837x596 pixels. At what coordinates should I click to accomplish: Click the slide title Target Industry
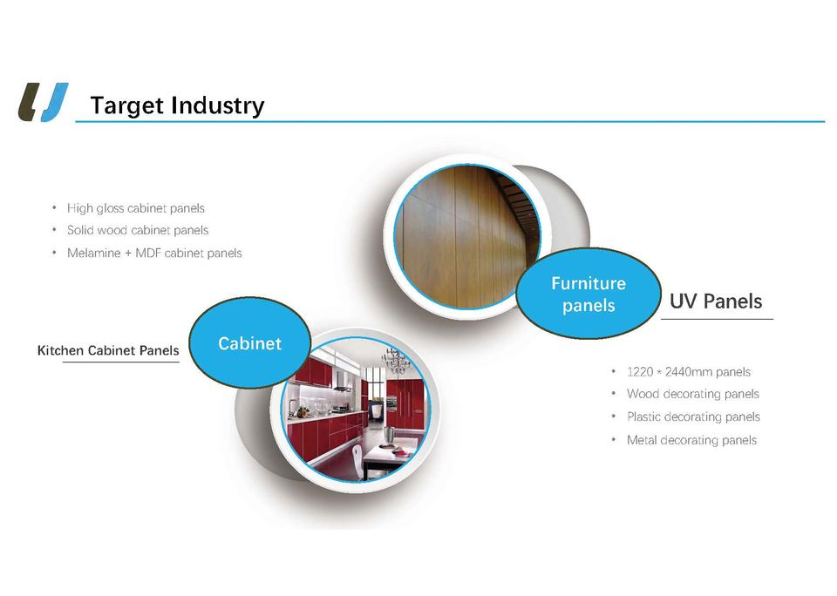tap(177, 105)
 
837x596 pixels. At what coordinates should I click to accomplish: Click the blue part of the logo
tap(56, 102)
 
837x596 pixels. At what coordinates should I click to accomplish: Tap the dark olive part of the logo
tap(29, 102)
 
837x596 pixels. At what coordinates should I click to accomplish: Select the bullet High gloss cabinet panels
tap(136, 208)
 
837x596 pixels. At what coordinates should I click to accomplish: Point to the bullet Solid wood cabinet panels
tap(138, 230)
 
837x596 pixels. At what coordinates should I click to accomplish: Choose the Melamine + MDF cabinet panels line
tap(154, 253)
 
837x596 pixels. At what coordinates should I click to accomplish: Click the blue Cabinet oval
tap(250, 342)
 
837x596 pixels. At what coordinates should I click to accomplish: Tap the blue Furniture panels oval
tap(589, 294)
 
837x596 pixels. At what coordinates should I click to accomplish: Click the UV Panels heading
tap(716, 301)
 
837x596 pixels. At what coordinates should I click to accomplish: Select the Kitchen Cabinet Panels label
tap(108, 350)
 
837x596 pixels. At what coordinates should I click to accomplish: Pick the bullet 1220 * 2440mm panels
tap(689, 372)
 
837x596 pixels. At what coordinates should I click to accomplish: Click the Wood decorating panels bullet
tap(693, 394)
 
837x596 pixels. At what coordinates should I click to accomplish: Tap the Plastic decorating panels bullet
tap(693, 417)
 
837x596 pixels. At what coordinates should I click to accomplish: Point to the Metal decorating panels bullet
tap(691, 440)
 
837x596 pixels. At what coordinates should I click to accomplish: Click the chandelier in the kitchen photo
tap(396, 362)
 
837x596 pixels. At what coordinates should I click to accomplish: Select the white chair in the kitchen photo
tap(357, 457)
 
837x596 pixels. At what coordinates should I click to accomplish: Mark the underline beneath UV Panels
tap(717, 319)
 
